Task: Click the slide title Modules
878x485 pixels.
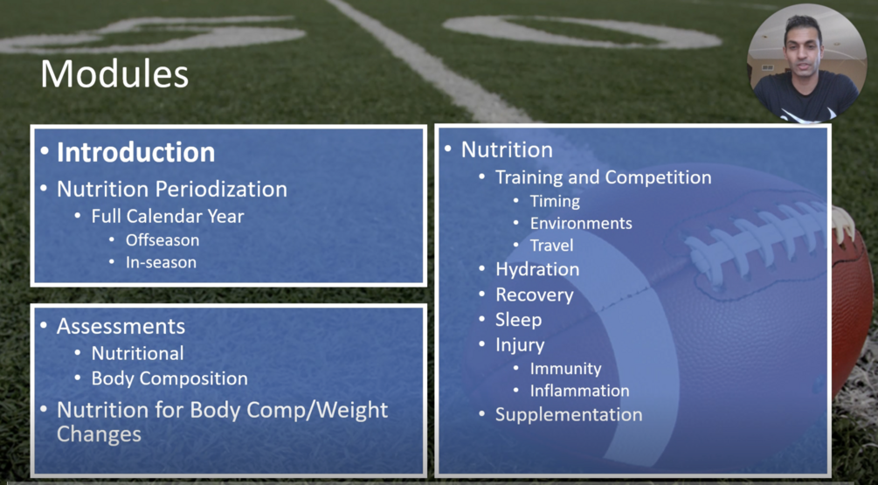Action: [x=114, y=74]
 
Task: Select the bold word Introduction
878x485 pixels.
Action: [x=135, y=152]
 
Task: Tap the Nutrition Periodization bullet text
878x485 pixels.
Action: [x=172, y=190]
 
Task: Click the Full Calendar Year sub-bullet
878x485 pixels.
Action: [x=168, y=216]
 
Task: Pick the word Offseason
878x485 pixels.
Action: [x=162, y=240]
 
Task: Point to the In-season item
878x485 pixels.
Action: [x=161, y=262]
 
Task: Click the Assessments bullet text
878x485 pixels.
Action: [x=121, y=326]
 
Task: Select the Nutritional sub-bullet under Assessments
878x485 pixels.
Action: [x=137, y=353]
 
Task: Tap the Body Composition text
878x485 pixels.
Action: [x=169, y=378]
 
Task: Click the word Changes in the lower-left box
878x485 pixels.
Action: [x=99, y=434]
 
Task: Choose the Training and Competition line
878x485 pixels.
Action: [x=603, y=177]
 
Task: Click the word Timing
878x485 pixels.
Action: [x=555, y=201]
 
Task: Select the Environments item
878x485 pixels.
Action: [x=581, y=223]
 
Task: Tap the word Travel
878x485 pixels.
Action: [x=551, y=246]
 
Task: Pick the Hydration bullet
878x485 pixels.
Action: [x=537, y=269]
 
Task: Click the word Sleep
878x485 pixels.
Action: [x=518, y=320]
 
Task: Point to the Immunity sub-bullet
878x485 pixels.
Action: [x=565, y=369]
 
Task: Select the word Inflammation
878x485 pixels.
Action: [x=579, y=391]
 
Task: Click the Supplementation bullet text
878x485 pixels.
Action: [x=569, y=415]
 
